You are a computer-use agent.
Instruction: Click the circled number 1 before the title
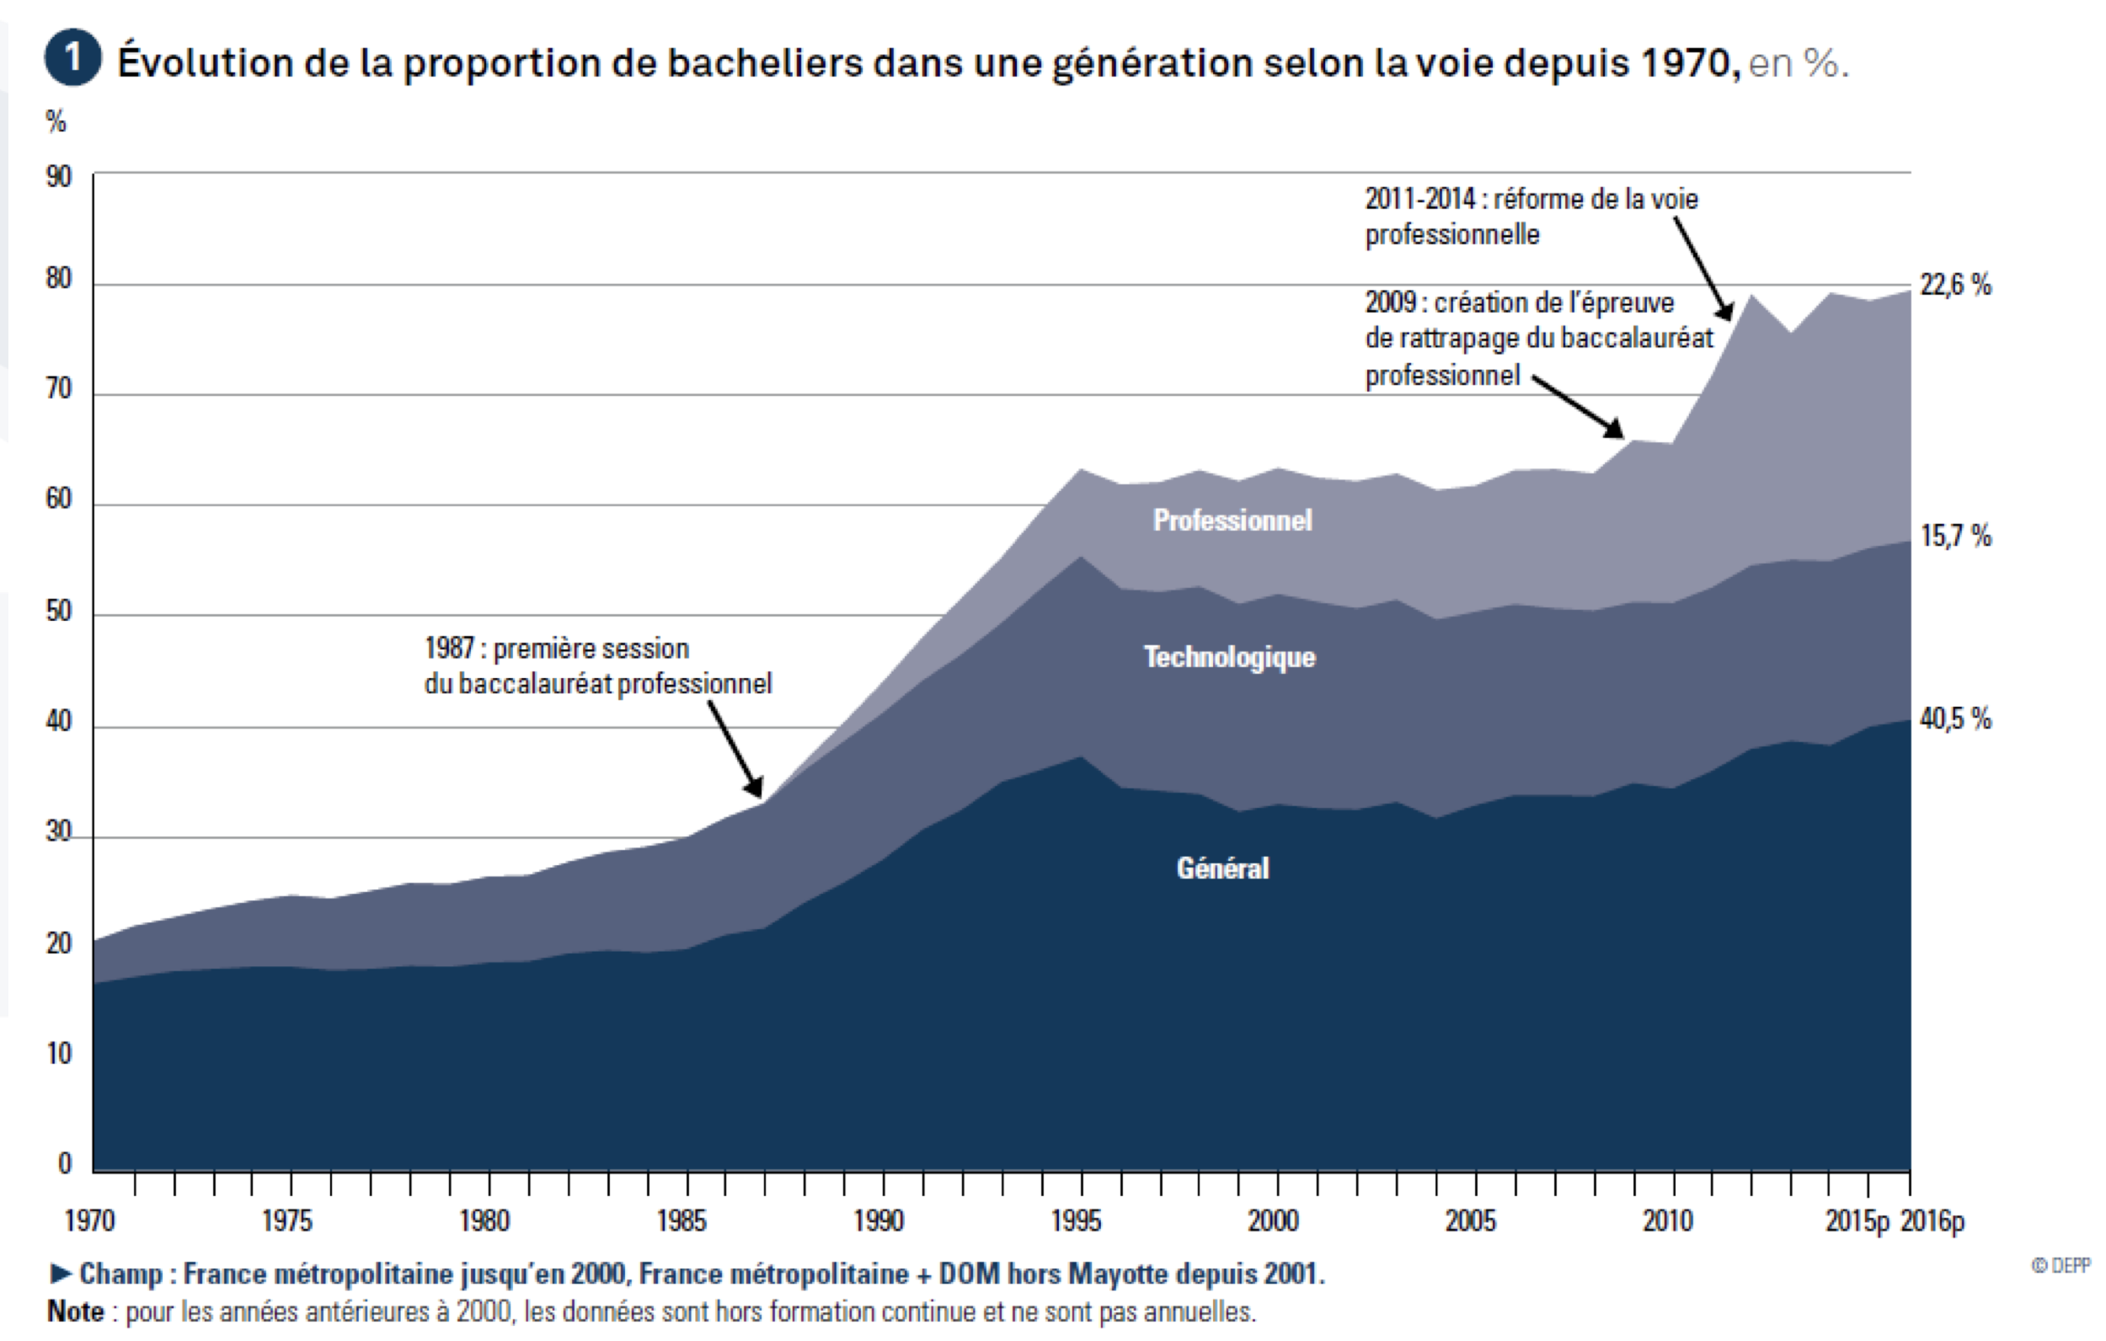click(x=72, y=58)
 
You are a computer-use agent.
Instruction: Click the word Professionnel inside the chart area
click(x=1232, y=521)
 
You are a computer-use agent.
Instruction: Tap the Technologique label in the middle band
click(x=1229, y=657)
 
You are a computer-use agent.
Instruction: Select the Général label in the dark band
click(x=1221, y=868)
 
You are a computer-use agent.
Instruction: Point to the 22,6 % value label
click(x=1955, y=285)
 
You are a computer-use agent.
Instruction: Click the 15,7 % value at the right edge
click(x=1955, y=536)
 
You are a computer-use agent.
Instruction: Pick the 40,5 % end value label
click(x=1955, y=719)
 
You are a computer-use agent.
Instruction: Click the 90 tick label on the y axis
click(x=59, y=177)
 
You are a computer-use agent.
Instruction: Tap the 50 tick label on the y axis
click(x=59, y=611)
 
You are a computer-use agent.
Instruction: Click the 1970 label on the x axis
click(x=89, y=1221)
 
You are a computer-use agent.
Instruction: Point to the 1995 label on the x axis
click(x=1076, y=1221)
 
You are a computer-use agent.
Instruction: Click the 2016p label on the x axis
click(x=1932, y=1221)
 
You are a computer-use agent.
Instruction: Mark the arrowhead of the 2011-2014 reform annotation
click(x=1725, y=313)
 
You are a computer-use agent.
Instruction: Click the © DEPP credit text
click(x=2061, y=1266)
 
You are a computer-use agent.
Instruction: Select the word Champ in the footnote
click(x=120, y=1274)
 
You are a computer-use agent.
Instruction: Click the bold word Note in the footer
click(x=76, y=1312)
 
